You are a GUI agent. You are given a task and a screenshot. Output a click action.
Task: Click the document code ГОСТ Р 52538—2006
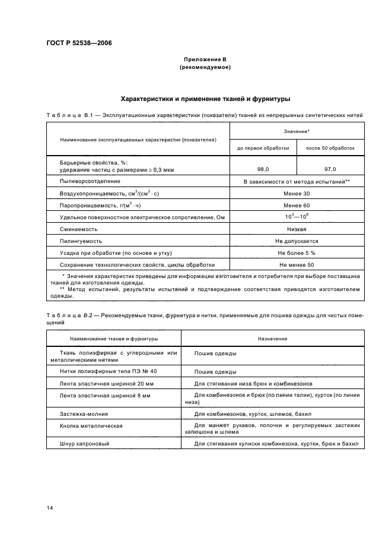[x=79, y=43]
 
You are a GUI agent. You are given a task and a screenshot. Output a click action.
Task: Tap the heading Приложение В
[x=205, y=60]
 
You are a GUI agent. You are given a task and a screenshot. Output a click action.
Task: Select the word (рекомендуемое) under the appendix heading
[x=205, y=68]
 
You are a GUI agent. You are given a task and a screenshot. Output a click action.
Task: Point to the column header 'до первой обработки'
[x=263, y=148]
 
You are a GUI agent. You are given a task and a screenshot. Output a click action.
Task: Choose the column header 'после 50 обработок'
[x=330, y=148]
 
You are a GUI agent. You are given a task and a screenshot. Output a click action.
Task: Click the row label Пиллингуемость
[x=81, y=241]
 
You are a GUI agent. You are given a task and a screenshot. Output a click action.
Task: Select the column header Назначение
[x=272, y=339]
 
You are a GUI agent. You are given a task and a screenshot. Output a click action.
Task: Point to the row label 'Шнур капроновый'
[x=85, y=443]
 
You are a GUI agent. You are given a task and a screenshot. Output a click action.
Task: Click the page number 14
[x=50, y=508]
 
